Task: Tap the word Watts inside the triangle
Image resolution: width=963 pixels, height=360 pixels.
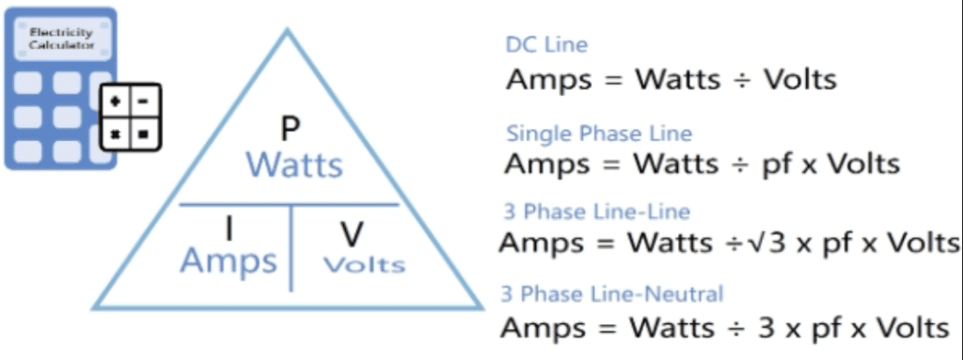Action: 294,165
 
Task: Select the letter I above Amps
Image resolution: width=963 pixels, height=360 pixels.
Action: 229,227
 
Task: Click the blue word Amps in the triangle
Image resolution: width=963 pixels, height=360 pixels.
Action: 229,260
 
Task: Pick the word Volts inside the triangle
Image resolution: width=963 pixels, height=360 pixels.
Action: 364,264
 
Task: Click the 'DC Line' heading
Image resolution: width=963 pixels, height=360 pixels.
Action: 546,44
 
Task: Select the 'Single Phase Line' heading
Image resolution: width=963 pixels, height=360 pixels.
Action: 599,133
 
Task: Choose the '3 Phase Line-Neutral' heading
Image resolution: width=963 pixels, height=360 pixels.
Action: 612,294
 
